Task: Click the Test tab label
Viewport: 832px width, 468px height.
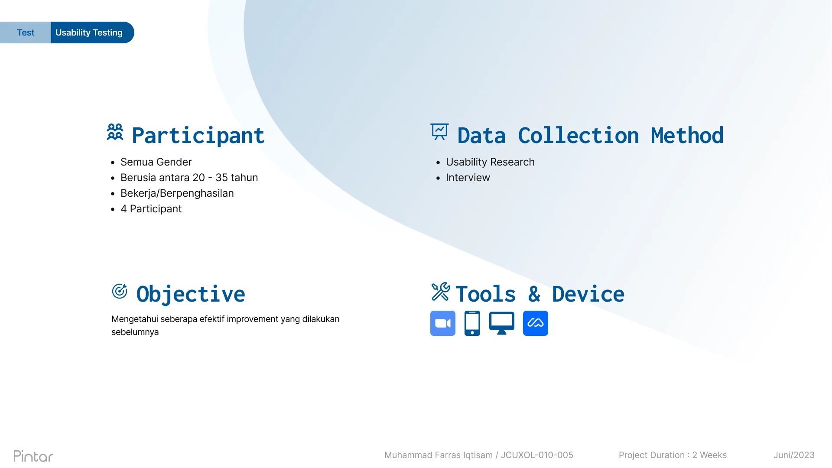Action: tap(26, 32)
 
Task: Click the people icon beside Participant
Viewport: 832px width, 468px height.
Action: tap(115, 132)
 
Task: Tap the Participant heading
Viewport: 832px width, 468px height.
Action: tap(198, 136)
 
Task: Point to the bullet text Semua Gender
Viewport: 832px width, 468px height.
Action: tap(156, 162)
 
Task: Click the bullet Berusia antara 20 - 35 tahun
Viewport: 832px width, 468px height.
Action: tap(189, 178)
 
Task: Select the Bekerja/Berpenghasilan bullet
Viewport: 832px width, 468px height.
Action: tap(177, 193)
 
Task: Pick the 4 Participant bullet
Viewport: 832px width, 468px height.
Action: tap(151, 209)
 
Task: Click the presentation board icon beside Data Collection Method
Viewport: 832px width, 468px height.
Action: tap(439, 132)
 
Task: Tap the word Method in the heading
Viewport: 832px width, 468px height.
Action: tap(687, 136)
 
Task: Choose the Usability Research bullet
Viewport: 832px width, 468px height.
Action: tap(490, 162)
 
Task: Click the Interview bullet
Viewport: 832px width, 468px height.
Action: tap(468, 178)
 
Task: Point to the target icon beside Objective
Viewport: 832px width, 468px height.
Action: tap(120, 291)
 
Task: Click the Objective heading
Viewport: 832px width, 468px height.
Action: tap(191, 294)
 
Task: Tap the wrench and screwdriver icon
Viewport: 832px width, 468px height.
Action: tap(441, 292)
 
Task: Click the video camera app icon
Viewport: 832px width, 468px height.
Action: tap(443, 323)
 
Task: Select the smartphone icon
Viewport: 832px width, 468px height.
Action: tap(472, 323)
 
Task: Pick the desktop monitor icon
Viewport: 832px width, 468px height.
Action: tap(502, 323)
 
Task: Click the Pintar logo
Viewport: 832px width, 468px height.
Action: tap(33, 456)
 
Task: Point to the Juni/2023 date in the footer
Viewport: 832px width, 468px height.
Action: tap(794, 455)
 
